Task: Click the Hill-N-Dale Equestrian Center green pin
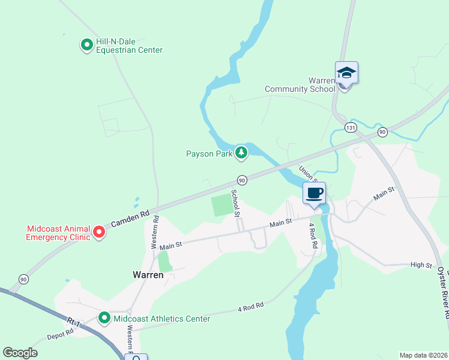coord(86,44)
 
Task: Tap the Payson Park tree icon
coord(241,154)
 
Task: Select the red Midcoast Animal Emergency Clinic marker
coord(99,232)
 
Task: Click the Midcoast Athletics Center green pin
coord(104,318)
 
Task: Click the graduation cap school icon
coord(346,73)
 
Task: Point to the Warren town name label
coord(148,275)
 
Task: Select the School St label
coord(236,205)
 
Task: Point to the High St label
coord(421,265)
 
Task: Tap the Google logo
coord(20,353)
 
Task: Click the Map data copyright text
coord(423,355)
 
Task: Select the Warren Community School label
coord(300,85)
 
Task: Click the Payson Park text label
coord(208,154)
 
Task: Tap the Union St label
coord(308,172)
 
